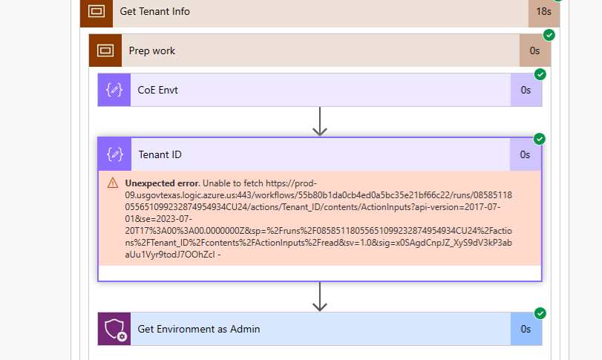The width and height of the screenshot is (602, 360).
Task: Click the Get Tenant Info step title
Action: click(x=154, y=11)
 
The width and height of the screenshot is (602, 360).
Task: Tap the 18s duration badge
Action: click(x=543, y=11)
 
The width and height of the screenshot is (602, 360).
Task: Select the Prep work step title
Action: click(x=151, y=50)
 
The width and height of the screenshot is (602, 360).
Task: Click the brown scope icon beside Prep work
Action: click(x=105, y=50)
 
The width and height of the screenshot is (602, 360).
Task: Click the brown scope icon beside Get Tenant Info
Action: click(x=96, y=11)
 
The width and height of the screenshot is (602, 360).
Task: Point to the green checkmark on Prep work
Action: click(x=549, y=35)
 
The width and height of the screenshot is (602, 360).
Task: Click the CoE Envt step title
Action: click(x=157, y=90)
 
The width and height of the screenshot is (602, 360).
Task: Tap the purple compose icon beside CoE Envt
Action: click(x=114, y=90)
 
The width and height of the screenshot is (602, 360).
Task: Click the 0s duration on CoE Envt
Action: click(x=526, y=90)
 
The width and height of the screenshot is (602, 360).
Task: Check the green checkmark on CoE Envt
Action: click(x=540, y=74)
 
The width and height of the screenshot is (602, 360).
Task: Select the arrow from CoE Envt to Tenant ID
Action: click(x=320, y=122)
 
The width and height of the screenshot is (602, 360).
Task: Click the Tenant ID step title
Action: click(x=160, y=154)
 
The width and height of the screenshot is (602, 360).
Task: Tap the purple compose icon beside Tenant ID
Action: click(x=114, y=154)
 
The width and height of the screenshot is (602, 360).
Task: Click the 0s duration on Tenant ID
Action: click(x=525, y=154)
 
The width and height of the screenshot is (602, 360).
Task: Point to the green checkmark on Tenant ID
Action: click(x=540, y=139)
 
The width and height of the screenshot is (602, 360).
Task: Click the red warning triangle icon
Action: click(x=112, y=183)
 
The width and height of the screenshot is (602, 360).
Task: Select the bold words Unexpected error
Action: click(x=162, y=183)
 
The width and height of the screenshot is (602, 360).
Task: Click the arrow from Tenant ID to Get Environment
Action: click(x=320, y=296)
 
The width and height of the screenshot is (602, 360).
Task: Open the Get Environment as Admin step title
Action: click(x=198, y=329)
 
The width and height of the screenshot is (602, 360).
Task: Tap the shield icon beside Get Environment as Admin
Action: click(x=114, y=329)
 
